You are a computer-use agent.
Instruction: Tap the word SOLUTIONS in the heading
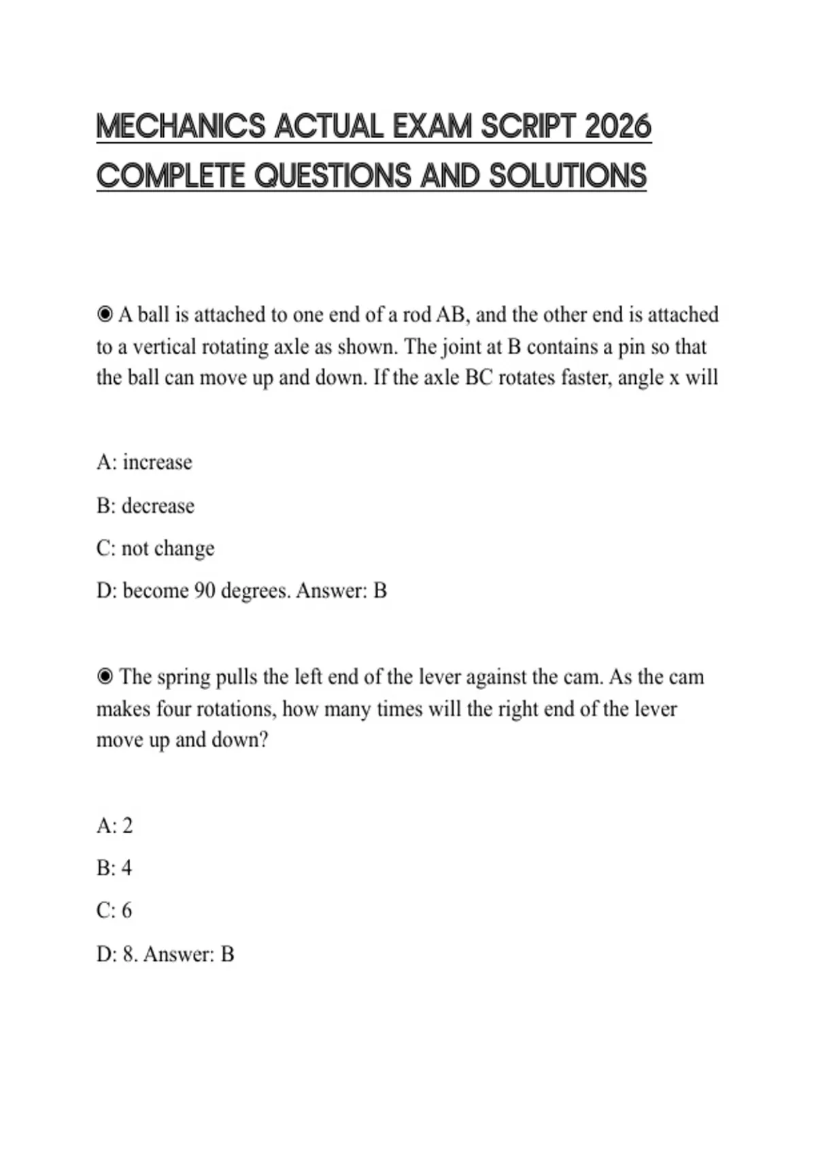point(568,176)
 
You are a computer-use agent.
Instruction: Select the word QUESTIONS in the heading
point(333,176)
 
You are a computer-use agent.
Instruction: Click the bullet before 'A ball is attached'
point(105,314)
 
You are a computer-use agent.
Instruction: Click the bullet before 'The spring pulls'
point(105,677)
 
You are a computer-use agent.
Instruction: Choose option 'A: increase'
point(144,462)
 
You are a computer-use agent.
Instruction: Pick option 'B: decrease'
point(146,506)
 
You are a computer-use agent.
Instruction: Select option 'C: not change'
point(155,548)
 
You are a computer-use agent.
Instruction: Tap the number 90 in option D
point(205,590)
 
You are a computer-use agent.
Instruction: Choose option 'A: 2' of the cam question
point(114,826)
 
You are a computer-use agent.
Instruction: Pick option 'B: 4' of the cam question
point(114,868)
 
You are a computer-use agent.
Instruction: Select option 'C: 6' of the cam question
point(114,911)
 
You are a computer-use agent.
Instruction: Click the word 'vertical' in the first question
point(161,347)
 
